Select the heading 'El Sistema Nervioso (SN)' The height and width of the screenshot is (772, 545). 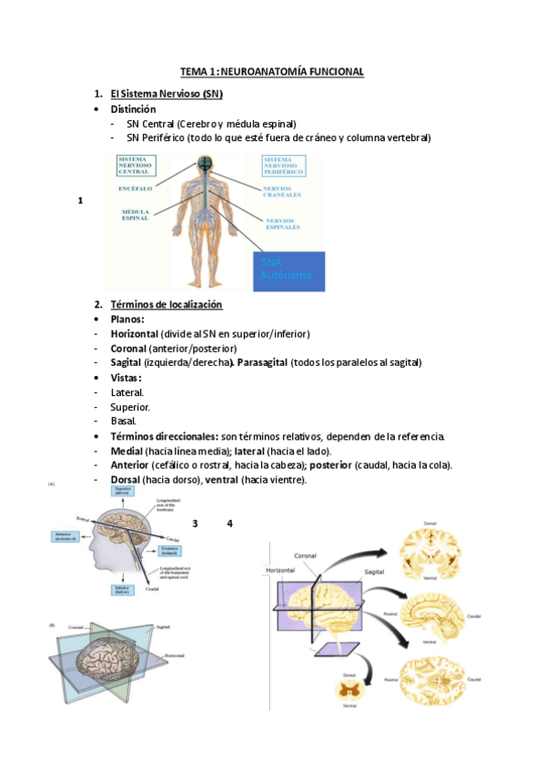pyautogui.click(x=166, y=94)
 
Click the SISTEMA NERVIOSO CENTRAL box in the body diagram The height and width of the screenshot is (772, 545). pyautogui.click(x=136, y=165)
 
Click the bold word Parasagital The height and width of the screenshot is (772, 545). pyautogui.click(x=261, y=362)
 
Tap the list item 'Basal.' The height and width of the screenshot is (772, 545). pyautogui.click(x=123, y=421)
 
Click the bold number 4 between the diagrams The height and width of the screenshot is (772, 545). pyautogui.click(x=230, y=523)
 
